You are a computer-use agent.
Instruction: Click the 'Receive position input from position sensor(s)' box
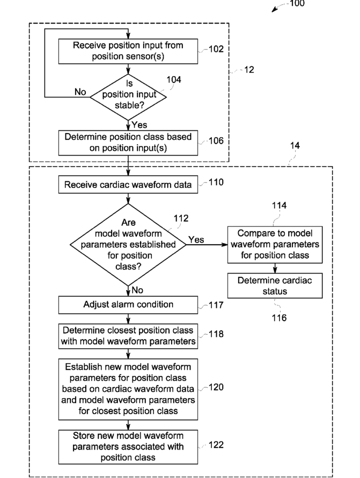(x=128, y=51)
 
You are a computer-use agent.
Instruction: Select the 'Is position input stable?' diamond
(x=128, y=97)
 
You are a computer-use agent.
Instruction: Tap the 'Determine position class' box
(x=128, y=143)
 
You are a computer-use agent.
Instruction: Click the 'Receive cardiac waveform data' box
(x=128, y=185)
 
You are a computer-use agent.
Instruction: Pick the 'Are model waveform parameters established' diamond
(x=128, y=245)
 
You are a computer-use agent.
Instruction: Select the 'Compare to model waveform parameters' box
(x=275, y=245)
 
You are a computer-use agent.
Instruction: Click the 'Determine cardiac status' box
(x=275, y=285)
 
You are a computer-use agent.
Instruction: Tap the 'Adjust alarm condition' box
(x=128, y=305)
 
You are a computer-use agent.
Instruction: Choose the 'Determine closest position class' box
(x=128, y=336)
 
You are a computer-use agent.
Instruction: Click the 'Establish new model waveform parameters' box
(x=128, y=389)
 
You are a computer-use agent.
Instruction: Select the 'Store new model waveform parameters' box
(x=128, y=447)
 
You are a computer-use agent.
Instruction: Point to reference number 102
(x=216, y=49)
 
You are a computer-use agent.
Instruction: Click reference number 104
(x=174, y=79)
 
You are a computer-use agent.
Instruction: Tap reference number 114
(x=279, y=205)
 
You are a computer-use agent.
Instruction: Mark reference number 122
(x=216, y=445)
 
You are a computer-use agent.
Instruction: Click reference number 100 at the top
(x=297, y=3)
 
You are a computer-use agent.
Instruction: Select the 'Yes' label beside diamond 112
(x=196, y=240)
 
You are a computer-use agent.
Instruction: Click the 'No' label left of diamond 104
(x=80, y=92)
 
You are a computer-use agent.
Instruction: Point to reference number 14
(x=295, y=146)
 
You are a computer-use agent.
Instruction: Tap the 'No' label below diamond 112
(x=137, y=290)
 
